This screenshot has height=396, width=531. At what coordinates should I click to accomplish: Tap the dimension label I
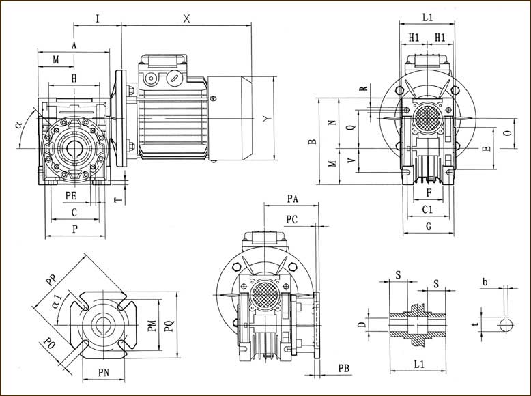pyautogui.click(x=98, y=18)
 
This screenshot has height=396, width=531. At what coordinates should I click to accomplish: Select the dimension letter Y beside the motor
pyautogui.click(x=266, y=118)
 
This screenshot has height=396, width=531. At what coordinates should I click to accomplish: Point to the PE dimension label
pyautogui.click(x=71, y=196)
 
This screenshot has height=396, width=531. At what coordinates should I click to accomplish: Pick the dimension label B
pyautogui.click(x=312, y=141)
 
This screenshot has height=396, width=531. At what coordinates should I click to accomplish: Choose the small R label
pyautogui.click(x=364, y=88)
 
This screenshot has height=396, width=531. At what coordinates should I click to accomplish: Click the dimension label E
pyautogui.click(x=485, y=149)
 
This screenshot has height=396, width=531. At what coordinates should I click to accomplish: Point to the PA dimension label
pyautogui.click(x=293, y=199)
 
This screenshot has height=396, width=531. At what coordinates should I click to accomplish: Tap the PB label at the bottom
pyautogui.click(x=345, y=369)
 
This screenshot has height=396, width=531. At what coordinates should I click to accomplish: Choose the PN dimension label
pyautogui.click(x=104, y=373)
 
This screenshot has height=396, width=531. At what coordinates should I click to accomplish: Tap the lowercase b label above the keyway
pyautogui.click(x=484, y=281)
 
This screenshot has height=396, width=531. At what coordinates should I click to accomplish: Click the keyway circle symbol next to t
pyautogui.click(x=505, y=324)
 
